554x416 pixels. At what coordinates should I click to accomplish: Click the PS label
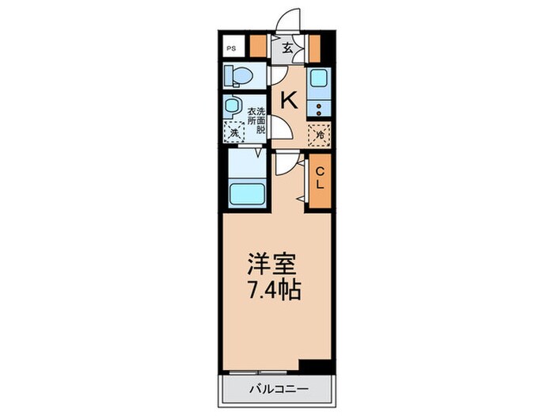click(x=231, y=48)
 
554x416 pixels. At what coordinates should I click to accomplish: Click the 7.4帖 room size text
click(x=271, y=291)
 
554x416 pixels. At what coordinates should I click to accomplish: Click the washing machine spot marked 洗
click(x=234, y=133)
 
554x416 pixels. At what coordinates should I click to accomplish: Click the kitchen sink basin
click(x=320, y=79)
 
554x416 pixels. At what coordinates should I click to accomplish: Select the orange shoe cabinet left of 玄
click(x=256, y=48)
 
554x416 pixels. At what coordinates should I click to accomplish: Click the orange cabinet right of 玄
click(x=314, y=48)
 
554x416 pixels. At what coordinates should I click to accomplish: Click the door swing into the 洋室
click(x=286, y=162)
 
